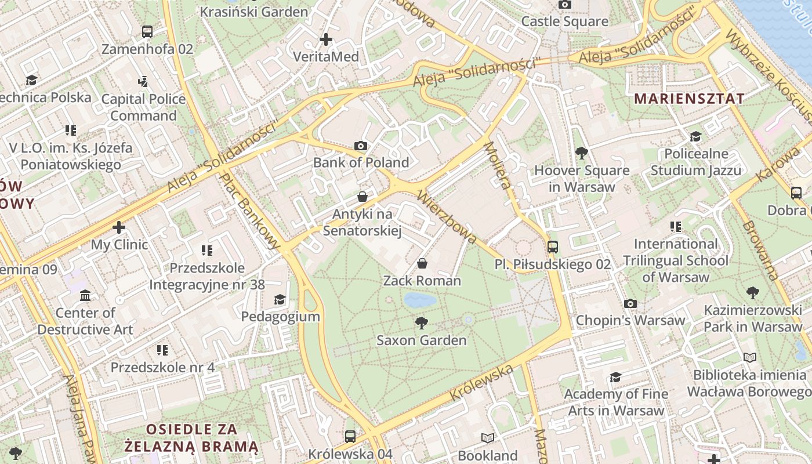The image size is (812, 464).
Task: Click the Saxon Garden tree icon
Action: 422,322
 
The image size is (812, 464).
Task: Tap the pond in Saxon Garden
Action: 420,300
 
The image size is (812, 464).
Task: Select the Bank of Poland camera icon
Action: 361,146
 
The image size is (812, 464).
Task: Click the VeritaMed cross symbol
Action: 326,39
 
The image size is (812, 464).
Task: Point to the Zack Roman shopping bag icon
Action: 422,264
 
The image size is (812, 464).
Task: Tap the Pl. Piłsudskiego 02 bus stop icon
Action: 553,247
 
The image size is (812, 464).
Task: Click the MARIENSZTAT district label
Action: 688,99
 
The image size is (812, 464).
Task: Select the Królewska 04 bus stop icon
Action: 350,437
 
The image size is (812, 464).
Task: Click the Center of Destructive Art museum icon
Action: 86,296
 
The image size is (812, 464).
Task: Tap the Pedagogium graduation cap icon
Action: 280,299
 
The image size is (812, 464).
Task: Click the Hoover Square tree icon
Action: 581,153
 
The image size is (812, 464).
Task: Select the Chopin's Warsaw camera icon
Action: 630,303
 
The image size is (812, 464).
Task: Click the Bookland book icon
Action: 488,438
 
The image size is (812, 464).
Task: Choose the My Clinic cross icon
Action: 119,227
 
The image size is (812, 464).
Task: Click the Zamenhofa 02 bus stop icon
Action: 147,32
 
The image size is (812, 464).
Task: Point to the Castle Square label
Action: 564,22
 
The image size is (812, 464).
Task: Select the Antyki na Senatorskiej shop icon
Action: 362,197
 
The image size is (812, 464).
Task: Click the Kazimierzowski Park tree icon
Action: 752,293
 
